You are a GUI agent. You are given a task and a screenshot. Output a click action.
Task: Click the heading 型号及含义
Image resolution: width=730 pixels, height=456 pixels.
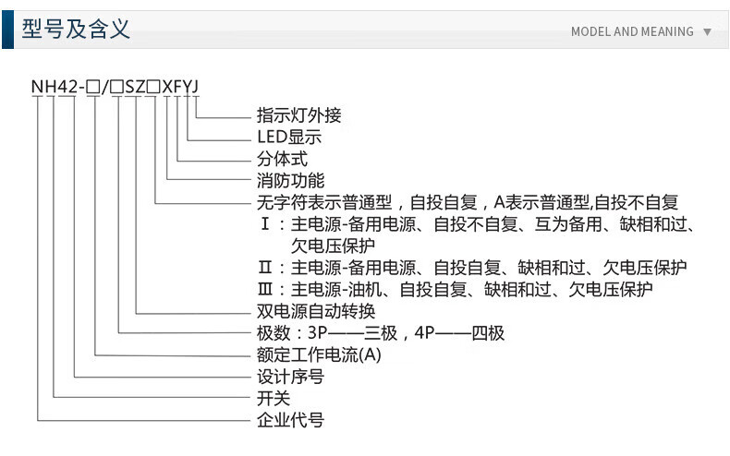click(77, 30)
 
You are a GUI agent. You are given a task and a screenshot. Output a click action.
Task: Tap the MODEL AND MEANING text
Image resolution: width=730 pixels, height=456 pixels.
click(632, 31)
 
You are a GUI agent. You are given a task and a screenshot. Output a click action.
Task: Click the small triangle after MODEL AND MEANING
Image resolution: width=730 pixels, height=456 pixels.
click(707, 31)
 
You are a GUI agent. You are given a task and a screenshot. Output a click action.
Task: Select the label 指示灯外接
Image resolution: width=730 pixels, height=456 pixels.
click(298, 116)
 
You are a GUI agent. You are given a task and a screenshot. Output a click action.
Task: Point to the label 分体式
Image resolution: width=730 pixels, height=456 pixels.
click(282, 159)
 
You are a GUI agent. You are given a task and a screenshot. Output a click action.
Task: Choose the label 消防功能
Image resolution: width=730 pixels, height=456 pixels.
click(290, 180)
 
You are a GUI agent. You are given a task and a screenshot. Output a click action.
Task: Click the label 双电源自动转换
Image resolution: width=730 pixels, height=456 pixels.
click(315, 311)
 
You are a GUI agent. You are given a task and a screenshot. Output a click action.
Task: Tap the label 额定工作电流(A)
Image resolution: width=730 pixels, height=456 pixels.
click(318, 354)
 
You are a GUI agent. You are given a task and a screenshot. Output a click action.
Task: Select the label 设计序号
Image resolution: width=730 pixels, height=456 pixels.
click(290, 377)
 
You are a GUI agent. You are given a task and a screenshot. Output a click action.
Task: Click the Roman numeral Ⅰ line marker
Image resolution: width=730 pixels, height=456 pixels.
click(265, 224)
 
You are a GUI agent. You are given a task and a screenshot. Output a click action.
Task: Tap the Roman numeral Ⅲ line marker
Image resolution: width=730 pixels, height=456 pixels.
click(265, 290)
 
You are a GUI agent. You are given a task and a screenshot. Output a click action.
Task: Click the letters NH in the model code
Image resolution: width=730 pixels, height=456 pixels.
click(43, 88)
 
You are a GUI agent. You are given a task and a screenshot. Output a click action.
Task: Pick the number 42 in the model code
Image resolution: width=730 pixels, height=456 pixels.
click(66, 88)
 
